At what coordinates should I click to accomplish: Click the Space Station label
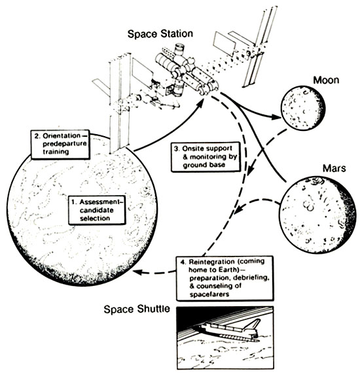click(x=160, y=34)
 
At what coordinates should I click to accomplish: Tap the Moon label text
click(x=326, y=80)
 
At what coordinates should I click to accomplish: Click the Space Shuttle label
click(x=137, y=310)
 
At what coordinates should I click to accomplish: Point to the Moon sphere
click(x=303, y=108)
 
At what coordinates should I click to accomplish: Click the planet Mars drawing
click(x=317, y=215)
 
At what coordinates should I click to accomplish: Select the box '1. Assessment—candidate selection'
click(x=97, y=210)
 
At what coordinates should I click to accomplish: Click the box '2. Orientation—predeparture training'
click(x=60, y=144)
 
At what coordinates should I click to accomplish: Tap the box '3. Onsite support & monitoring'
click(x=206, y=157)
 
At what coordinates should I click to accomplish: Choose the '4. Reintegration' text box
click(x=225, y=278)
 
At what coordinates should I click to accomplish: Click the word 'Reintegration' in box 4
click(x=208, y=262)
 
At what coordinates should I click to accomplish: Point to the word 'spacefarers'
click(x=209, y=294)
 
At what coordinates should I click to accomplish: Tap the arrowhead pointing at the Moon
click(x=276, y=117)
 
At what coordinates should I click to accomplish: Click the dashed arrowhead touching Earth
click(x=138, y=272)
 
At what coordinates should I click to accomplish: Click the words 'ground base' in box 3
click(x=204, y=165)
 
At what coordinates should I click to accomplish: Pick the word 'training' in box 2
click(x=56, y=152)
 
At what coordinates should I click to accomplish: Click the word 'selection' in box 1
click(x=95, y=218)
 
